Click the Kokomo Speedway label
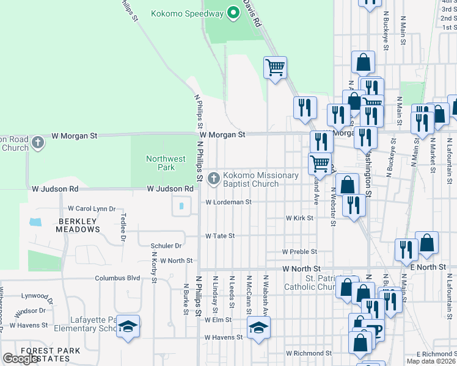188,12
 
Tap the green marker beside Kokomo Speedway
233,12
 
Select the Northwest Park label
166,163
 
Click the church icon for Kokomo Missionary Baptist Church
213,179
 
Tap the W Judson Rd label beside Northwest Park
170,189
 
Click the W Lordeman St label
228,202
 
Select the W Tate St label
220,235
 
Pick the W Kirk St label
299,218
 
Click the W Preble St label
299,251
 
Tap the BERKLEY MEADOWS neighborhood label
78,225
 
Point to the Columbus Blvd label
117,278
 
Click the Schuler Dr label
166,246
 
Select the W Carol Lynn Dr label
92,209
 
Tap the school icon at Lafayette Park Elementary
128,326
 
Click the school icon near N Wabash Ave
258,328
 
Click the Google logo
21,359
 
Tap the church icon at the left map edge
38,143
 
